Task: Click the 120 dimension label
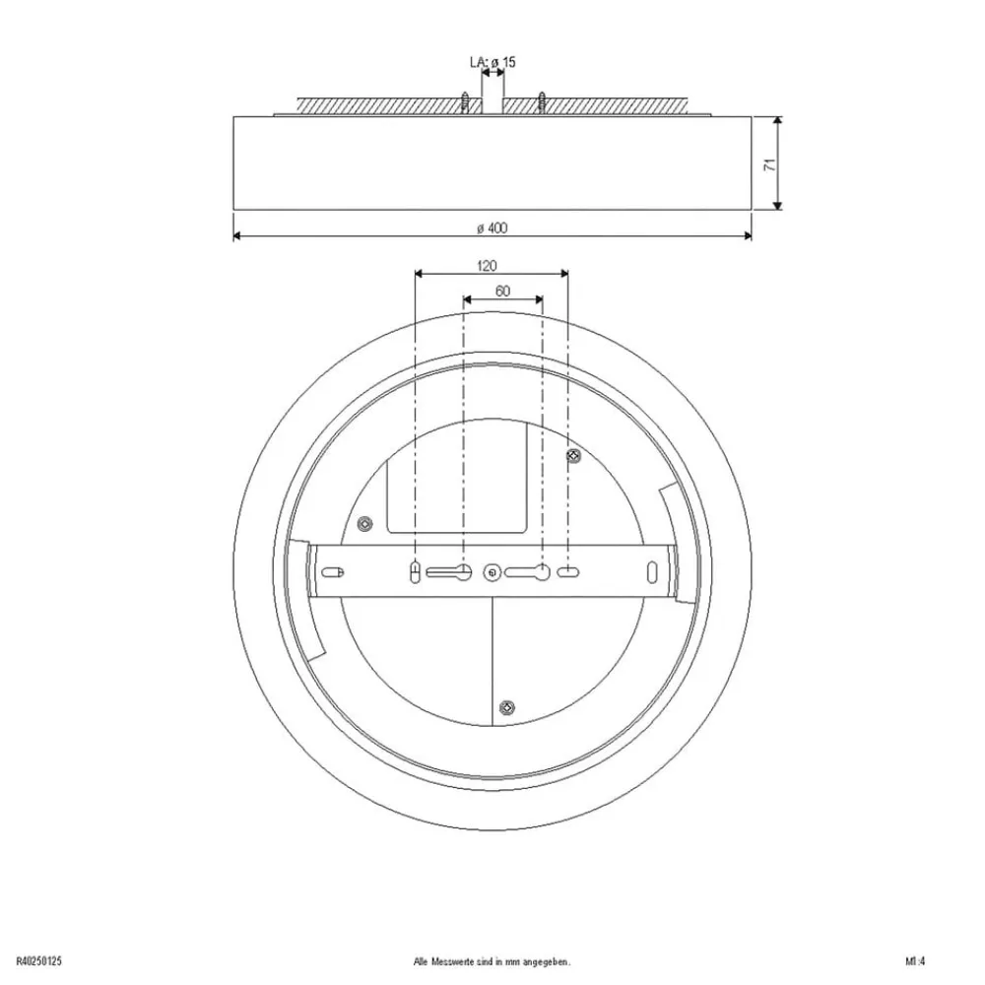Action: pos(487,265)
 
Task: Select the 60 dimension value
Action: pos(502,291)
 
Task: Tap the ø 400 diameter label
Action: pos(492,229)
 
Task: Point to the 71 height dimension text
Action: pos(771,164)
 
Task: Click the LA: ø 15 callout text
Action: pos(492,62)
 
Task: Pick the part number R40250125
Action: pos(41,960)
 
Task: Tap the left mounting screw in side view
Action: pos(464,100)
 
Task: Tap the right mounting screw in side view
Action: pos(541,100)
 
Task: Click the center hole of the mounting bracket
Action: pos(492,571)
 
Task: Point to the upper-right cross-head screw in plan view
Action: pos(573,454)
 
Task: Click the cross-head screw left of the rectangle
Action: pos(363,523)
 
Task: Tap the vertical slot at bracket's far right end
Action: pos(651,571)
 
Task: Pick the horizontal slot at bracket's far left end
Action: pos(334,571)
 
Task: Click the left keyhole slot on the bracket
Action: pos(451,570)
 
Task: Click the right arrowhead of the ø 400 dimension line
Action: pos(748,236)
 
